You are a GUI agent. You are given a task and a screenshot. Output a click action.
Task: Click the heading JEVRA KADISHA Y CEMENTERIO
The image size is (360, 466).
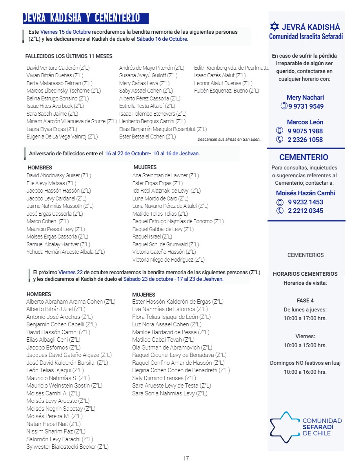pos(82,18)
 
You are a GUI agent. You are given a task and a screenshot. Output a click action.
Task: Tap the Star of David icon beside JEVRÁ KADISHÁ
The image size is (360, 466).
pos(275,27)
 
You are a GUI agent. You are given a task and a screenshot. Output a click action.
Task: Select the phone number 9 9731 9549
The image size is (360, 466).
pos(306,106)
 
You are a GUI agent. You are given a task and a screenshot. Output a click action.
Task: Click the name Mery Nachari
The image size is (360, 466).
pos(305,97)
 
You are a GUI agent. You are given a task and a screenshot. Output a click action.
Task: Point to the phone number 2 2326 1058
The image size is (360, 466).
pos(305,140)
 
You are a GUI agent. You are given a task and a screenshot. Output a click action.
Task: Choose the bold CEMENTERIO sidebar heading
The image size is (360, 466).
pos(304,157)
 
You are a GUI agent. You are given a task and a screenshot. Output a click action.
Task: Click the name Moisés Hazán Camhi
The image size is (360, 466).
pos(305,193)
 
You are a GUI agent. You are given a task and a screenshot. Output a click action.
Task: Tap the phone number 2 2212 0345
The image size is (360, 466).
pos(305,211)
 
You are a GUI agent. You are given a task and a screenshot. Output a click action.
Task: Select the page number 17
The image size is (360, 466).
pos(186,458)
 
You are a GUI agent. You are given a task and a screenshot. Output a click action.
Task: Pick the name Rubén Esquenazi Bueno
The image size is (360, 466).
pos(227,91)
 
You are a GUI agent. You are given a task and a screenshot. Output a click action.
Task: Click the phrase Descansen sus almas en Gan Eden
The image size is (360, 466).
pos(230,139)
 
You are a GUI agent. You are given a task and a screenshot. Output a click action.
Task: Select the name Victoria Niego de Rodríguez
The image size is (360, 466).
pos(168,260)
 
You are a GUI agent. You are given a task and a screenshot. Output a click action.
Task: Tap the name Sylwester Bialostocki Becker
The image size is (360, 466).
pos(67,446)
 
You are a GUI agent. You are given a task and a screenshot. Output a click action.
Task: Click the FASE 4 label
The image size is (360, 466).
pos(305,300)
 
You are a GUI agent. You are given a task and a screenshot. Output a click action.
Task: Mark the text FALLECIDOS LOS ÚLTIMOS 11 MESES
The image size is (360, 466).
pos(69,56)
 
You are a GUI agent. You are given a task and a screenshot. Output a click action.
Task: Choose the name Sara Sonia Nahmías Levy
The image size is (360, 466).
pos(169,393)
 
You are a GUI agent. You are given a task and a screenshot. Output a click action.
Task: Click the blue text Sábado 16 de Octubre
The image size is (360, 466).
pos(162,39)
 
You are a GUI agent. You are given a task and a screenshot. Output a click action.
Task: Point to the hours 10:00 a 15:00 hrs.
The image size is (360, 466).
pos(305,345)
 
